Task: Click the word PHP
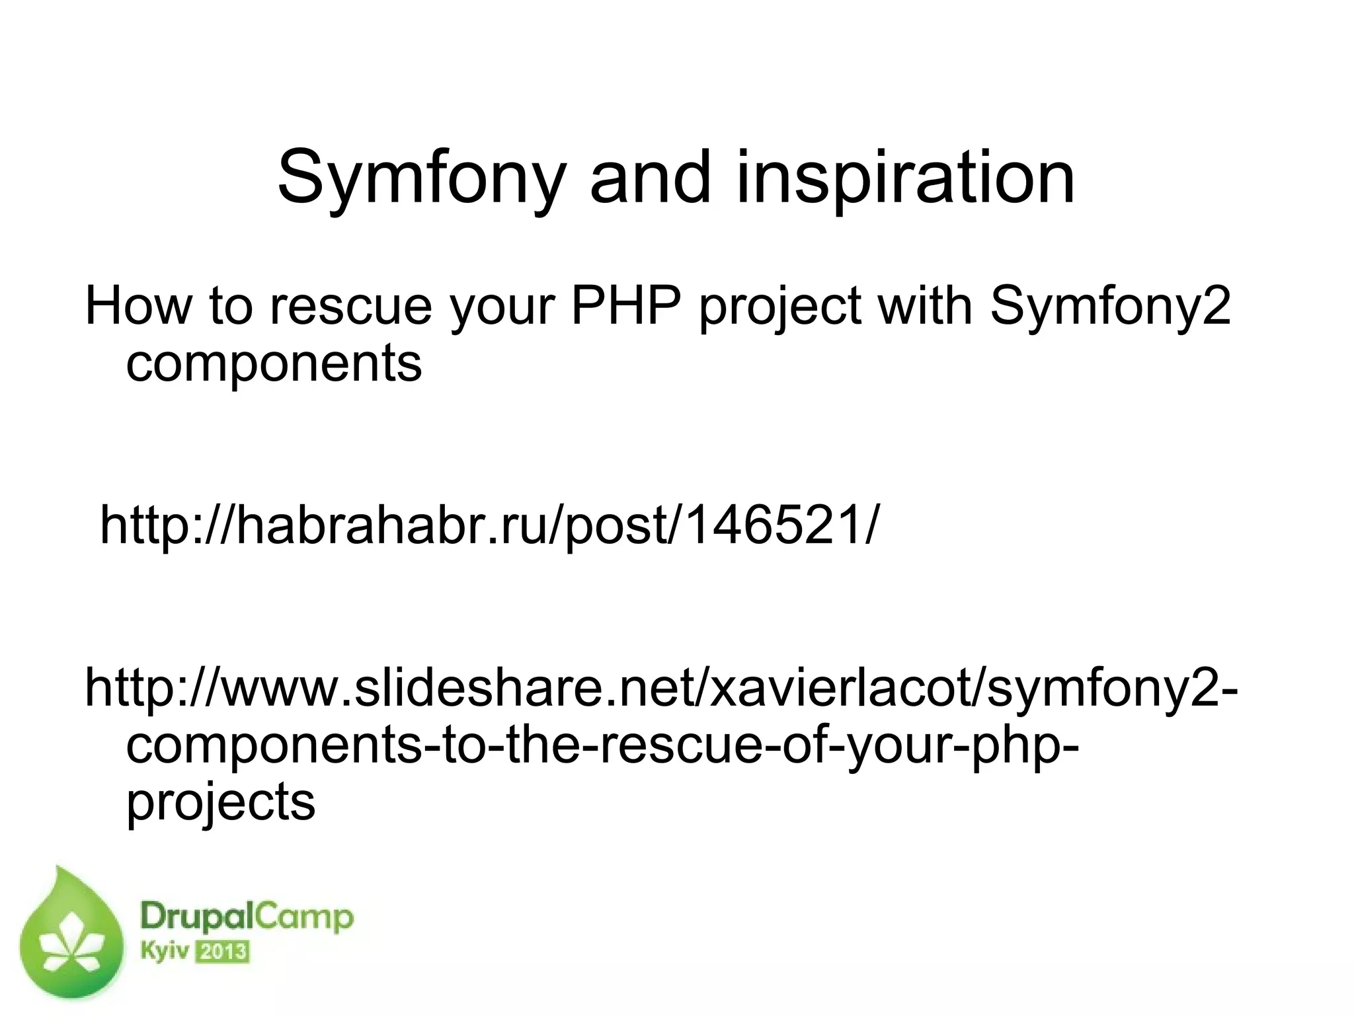[625, 307]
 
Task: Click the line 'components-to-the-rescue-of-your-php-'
[602, 747]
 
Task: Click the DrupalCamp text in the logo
[247, 919]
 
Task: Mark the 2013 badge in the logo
[222, 952]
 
